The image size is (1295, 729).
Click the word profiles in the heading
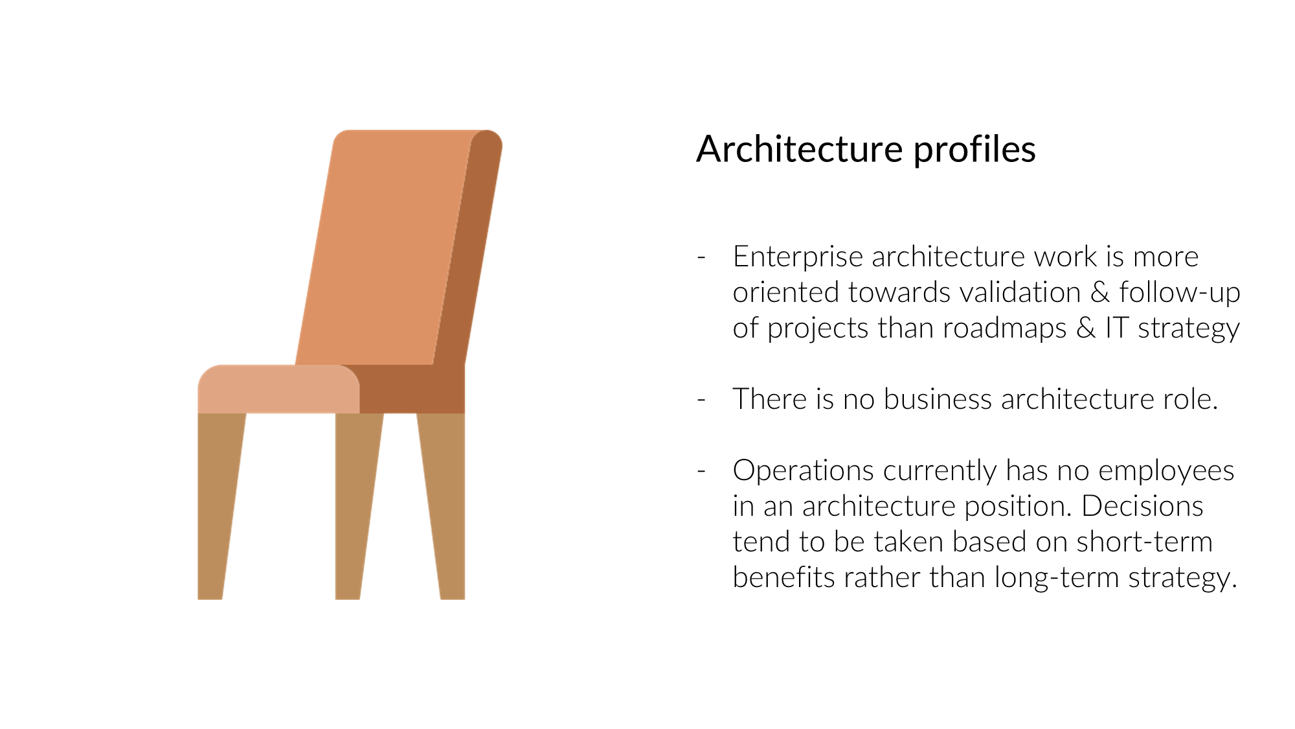(x=974, y=150)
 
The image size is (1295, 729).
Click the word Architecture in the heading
(x=800, y=149)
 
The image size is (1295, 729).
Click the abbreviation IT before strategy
(x=1117, y=328)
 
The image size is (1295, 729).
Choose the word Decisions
(x=1142, y=506)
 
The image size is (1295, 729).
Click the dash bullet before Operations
(x=701, y=471)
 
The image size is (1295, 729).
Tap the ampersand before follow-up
(x=1100, y=292)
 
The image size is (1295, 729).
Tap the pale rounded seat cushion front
(x=278, y=389)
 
